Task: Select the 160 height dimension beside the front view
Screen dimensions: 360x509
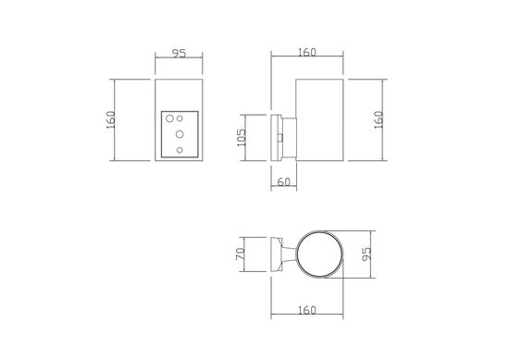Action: click(x=110, y=121)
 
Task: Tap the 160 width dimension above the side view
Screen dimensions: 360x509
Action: click(x=306, y=53)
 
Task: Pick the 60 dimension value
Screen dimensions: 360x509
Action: click(x=285, y=183)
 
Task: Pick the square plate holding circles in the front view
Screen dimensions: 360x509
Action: click(x=180, y=135)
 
